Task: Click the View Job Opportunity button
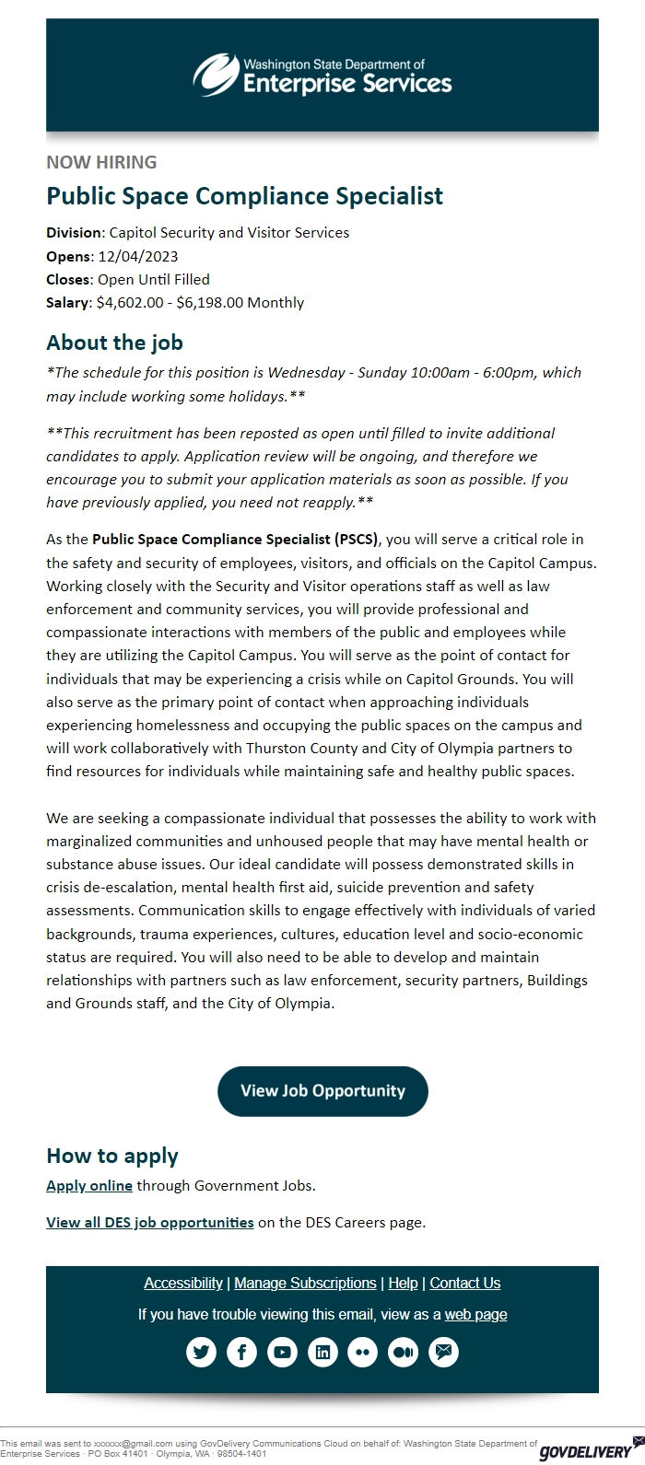322,1091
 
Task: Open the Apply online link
89,1185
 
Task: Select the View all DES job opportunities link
149,1223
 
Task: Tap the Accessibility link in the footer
183,1283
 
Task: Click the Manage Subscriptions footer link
305,1283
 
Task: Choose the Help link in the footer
403,1283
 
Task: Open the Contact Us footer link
465,1283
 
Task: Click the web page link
475,1314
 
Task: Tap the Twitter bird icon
201,1352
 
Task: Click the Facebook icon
241,1352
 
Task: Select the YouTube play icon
282,1352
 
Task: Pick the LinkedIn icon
322,1352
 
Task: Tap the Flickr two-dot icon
363,1352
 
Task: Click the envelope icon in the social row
444,1352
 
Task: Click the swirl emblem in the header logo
216,74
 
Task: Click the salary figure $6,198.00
209,302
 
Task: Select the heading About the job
114,343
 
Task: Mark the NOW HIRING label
101,162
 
